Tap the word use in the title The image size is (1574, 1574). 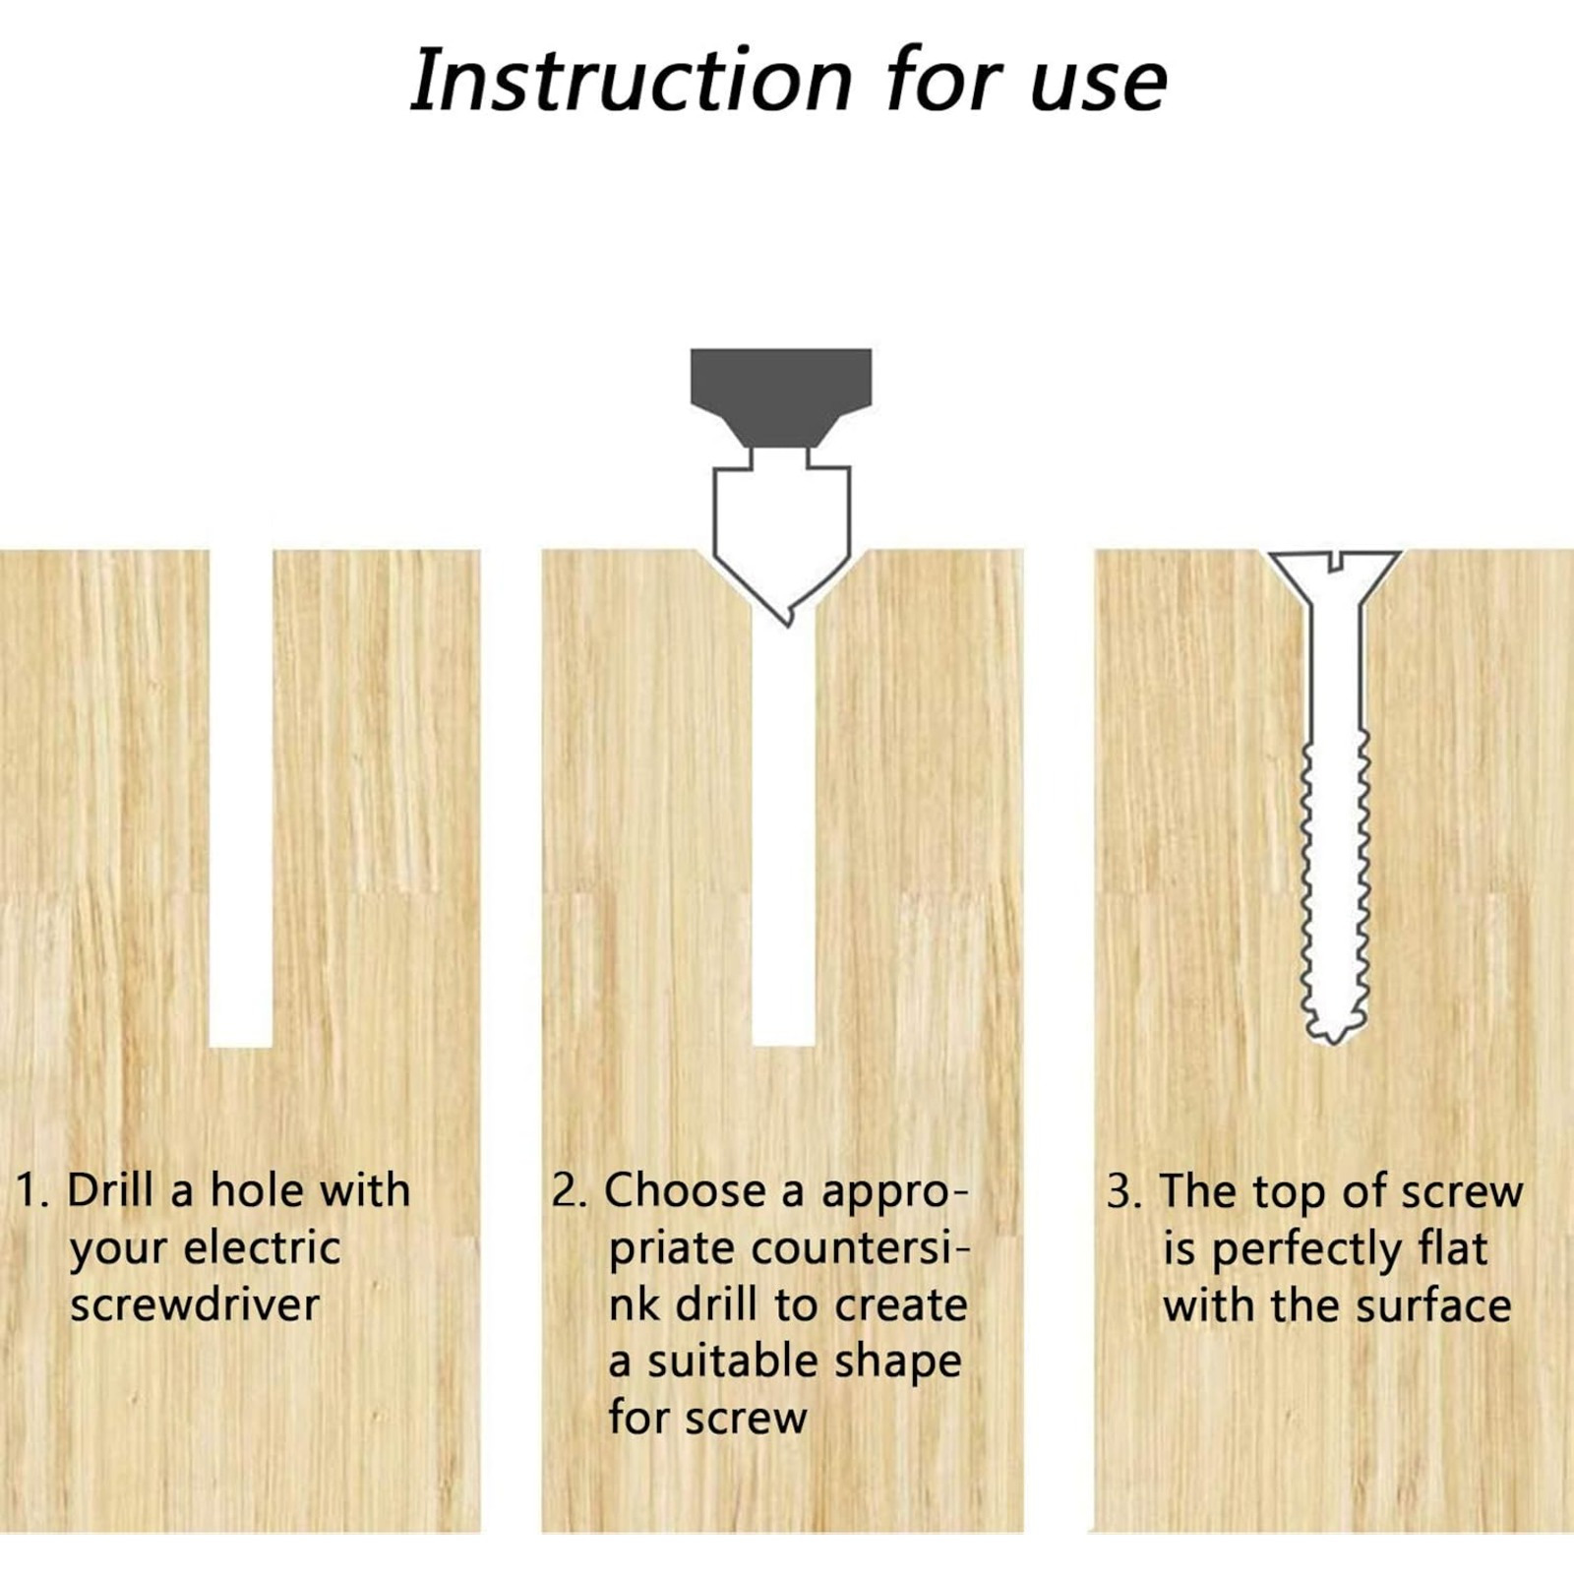pos(1099,87)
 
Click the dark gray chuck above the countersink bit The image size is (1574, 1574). pos(780,396)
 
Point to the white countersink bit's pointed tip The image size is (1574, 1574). pos(787,624)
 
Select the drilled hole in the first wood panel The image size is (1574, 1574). pos(241,798)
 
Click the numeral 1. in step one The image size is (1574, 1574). pos(32,1190)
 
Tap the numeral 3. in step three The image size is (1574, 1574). pos(1124,1191)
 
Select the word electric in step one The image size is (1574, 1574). pos(263,1248)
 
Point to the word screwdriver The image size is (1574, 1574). pos(195,1305)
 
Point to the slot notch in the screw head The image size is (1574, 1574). pos(1335,561)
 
